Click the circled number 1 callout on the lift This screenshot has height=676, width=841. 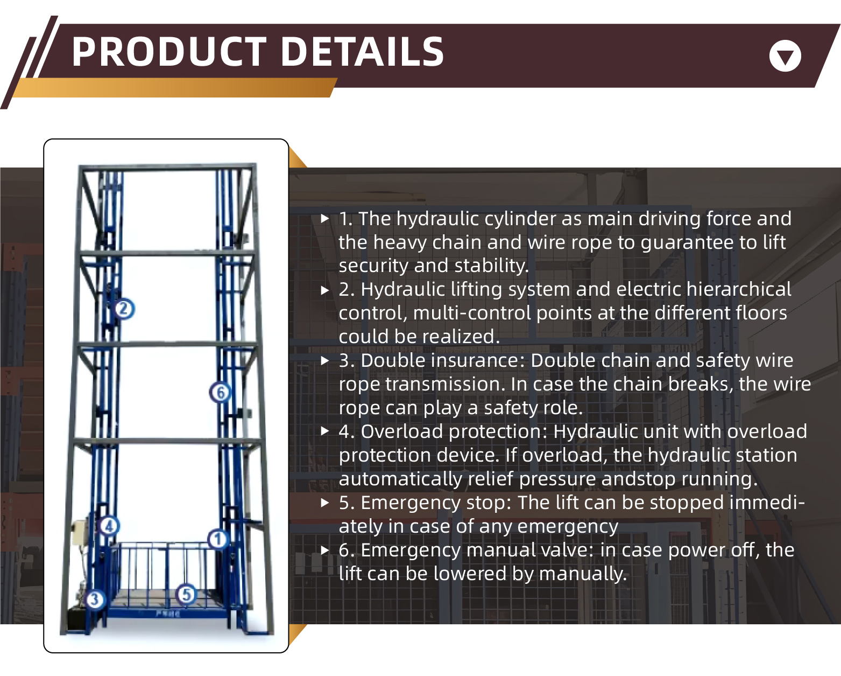pyautogui.click(x=218, y=539)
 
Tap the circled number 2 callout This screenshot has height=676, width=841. pyautogui.click(x=124, y=309)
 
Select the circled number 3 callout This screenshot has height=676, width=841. pyautogui.click(x=95, y=600)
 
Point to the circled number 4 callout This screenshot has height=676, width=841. pyautogui.click(x=109, y=526)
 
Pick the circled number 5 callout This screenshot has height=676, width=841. pyautogui.click(x=187, y=595)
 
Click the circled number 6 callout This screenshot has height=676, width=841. pyautogui.click(x=220, y=393)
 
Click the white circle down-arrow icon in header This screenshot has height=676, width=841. pyautogui.click(x=785, y=56)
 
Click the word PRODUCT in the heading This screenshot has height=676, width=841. pyautogui.click(x=169, y=52)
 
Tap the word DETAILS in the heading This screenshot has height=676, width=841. pyautogui.click(x=362, y=52)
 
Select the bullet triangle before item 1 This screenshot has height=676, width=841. pyautogui.click(x=324, y=219)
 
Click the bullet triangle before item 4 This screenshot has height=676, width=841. pyautogui.click(x=324, y=431)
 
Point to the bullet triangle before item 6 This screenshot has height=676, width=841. pyautogui.click(x=324, y=550)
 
